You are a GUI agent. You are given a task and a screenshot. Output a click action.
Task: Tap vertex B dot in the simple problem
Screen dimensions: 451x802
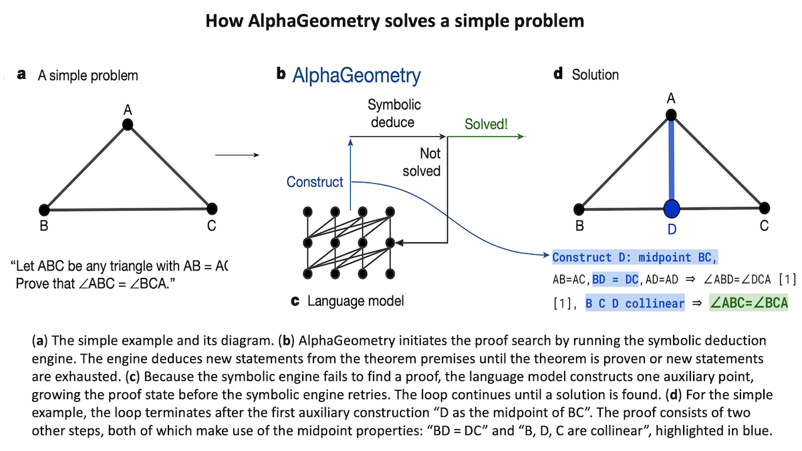[x=45, y=208]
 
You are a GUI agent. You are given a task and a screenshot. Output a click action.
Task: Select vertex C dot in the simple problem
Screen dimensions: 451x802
[x=212, y=208]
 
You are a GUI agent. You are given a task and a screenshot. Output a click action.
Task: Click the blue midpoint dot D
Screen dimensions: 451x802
[x=672, y=208]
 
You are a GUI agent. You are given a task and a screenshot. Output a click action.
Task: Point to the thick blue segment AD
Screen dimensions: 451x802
[x=672, y=160]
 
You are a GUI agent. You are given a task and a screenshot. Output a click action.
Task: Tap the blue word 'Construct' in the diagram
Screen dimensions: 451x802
[x=315, y=182]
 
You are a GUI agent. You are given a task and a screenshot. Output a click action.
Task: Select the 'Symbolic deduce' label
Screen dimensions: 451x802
[x=394, y=114]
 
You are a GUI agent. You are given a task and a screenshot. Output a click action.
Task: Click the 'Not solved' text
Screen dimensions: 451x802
[x=422, y=162]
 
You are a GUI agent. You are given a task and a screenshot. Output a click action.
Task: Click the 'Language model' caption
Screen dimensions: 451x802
[x=356, y=301]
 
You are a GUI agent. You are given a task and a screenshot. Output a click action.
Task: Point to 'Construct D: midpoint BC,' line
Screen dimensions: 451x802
[x=635, y=257]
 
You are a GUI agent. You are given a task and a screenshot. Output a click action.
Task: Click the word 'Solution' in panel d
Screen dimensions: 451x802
[x=595, y=75]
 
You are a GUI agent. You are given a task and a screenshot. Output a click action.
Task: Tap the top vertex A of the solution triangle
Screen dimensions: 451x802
[x=672, y=115]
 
